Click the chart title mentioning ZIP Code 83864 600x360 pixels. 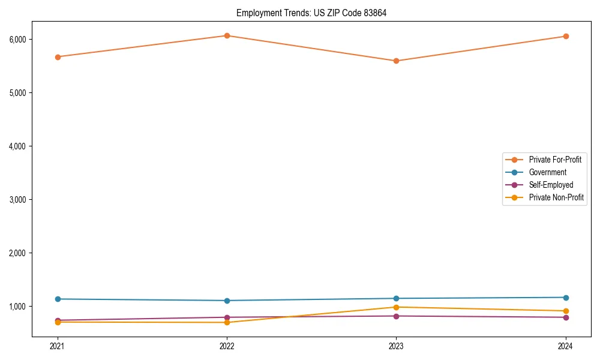pos(311,13)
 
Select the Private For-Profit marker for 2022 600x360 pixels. pos(227,35)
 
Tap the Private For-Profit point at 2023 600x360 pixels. pos(396,61)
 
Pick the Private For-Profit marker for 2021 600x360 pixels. pos(58,57)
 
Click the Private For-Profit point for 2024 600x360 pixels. pos(566,36)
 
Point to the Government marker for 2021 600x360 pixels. pos(58,299)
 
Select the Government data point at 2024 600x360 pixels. pos(566,298)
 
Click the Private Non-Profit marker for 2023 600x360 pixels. pos(396,307)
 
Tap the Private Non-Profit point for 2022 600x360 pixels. pos(227,322)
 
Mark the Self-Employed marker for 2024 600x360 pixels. pos(566,317)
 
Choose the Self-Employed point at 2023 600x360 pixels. pos(396,316)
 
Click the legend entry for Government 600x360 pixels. pos(547,172)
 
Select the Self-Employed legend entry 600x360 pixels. pos(551,185)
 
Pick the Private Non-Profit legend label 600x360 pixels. pos(556,197)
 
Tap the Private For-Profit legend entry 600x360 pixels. pos(555,160)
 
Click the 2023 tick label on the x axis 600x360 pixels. pos(396,346)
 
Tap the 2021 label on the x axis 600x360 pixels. pos(58,346)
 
